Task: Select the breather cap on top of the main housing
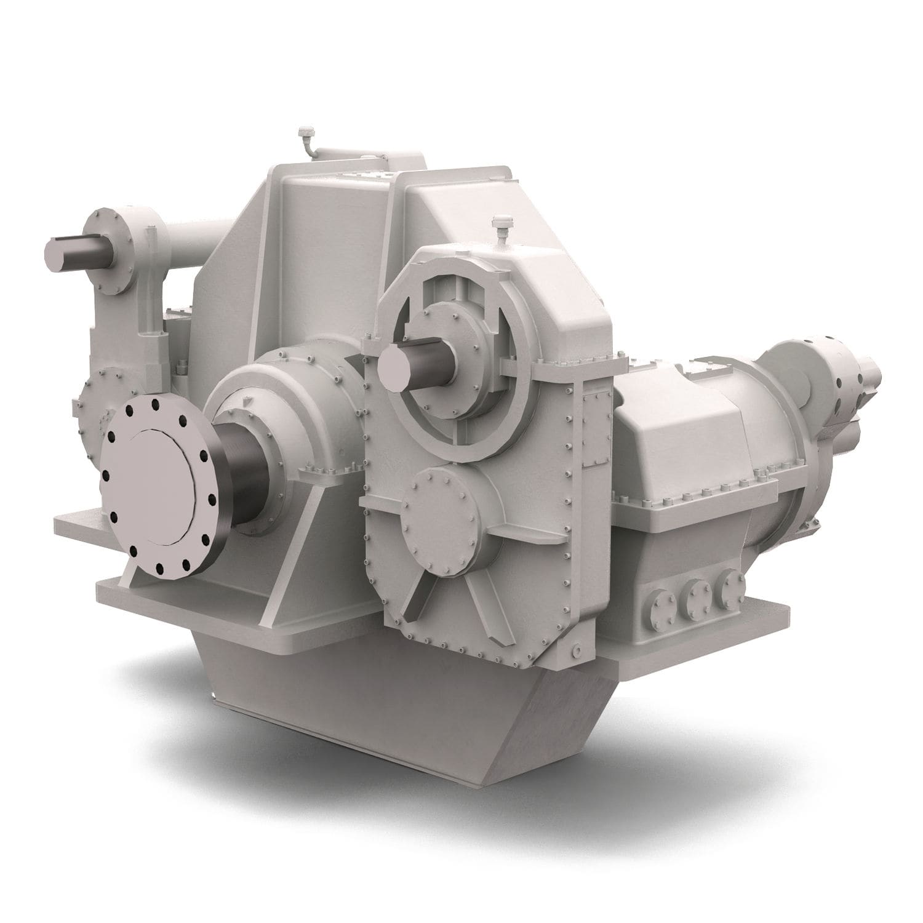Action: (x=303, y=134)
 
